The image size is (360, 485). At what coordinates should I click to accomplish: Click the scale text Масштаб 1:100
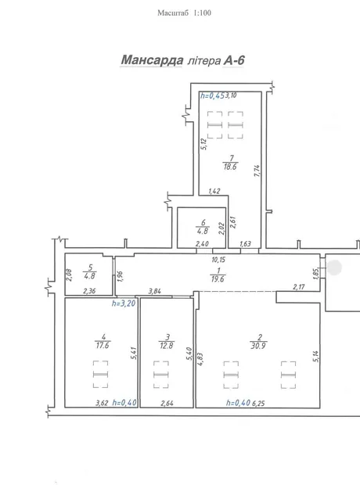(184, 13)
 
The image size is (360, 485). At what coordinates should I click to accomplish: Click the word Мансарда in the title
(152, 60)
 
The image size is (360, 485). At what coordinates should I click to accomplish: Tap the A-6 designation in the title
(234, 60)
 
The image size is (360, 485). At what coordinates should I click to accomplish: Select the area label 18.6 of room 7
(230, 167)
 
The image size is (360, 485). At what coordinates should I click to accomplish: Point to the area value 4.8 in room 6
(203, 231)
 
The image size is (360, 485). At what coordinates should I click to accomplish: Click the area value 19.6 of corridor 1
(218, 279)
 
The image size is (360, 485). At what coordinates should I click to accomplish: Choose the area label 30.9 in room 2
(258, 346)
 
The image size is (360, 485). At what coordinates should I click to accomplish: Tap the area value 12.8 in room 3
(167, 345)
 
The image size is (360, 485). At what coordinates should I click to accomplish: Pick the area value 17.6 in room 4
(103, 345)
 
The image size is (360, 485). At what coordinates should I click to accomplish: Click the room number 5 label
(90, 268)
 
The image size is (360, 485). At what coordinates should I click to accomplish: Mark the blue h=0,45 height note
(212, 95)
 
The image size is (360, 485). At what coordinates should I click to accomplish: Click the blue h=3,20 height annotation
(124, 304)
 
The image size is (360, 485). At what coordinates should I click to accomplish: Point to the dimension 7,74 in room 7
(257, 171)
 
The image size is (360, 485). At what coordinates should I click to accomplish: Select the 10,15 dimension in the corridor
(218, 260)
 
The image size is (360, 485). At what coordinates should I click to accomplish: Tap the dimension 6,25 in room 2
(258, 403)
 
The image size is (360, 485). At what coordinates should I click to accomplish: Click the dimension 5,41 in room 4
(133, 353)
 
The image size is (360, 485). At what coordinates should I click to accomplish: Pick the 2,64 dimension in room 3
(167, 403)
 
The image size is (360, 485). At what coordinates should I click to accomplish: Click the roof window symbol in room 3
(161, 374)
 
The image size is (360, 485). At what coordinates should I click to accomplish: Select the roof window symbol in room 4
(101, 374)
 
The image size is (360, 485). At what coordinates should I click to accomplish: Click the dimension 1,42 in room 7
(214, 191)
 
